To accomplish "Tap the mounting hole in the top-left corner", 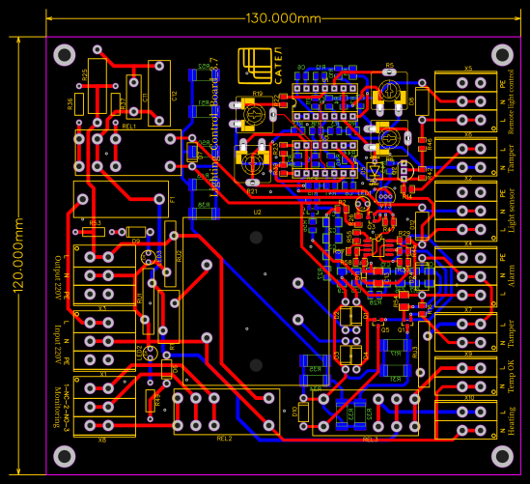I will (x=65, y=55).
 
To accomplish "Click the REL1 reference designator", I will (x=128, y=126).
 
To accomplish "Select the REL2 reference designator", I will (x=224, y=438).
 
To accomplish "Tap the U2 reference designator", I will (x=257, y=211).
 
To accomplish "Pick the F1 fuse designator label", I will (x=173, y=199).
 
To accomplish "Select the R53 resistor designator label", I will (x=95, y=223).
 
